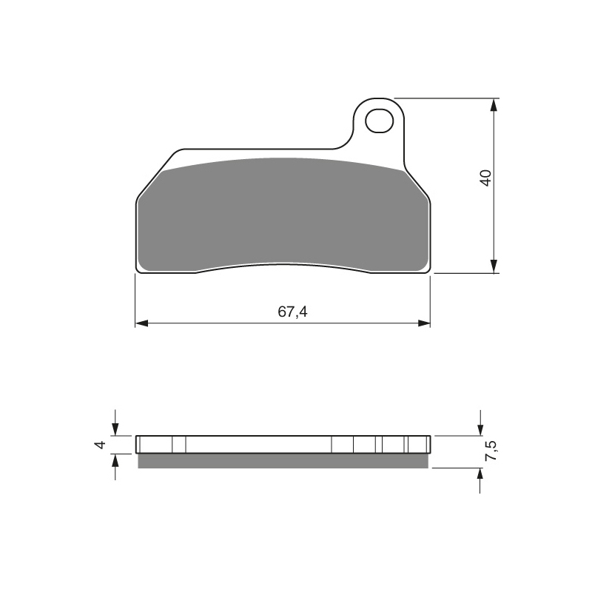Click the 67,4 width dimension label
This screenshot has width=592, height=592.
tap(292, 312)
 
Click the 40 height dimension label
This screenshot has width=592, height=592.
tap(485, 178)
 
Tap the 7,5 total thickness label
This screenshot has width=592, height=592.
tap(491, 451)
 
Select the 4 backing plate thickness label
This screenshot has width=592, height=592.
tap(100, 445)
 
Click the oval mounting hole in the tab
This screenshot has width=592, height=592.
tap(379, 121)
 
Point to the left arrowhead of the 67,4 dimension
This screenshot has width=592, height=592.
tap(141, 323)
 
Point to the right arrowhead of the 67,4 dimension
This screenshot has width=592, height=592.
tap(424, 323)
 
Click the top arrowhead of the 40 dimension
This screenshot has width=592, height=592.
tap(494, 104)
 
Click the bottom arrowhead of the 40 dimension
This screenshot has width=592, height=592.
tap(494, 266)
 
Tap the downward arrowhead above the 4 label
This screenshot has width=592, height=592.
tap(115, 430)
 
